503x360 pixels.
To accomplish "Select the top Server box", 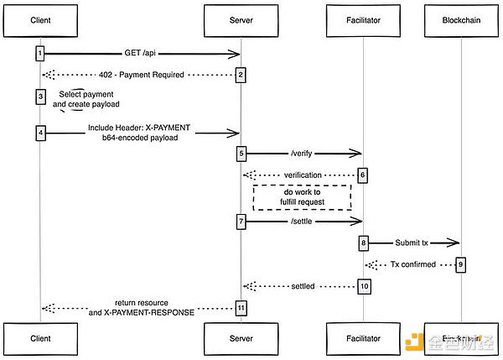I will pos(241,20).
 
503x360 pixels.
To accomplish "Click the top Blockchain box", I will pos(461,20).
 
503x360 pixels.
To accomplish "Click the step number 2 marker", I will pos(241,75).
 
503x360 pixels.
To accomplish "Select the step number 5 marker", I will pos(241,154).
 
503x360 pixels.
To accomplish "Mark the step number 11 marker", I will pos(241,308).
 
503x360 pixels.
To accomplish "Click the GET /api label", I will pos(139,52).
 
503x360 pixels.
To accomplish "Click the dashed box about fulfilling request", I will pos(303,197).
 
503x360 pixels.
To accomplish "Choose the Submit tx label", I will pos(412,242).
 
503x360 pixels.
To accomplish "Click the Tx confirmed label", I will pos(412,264).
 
